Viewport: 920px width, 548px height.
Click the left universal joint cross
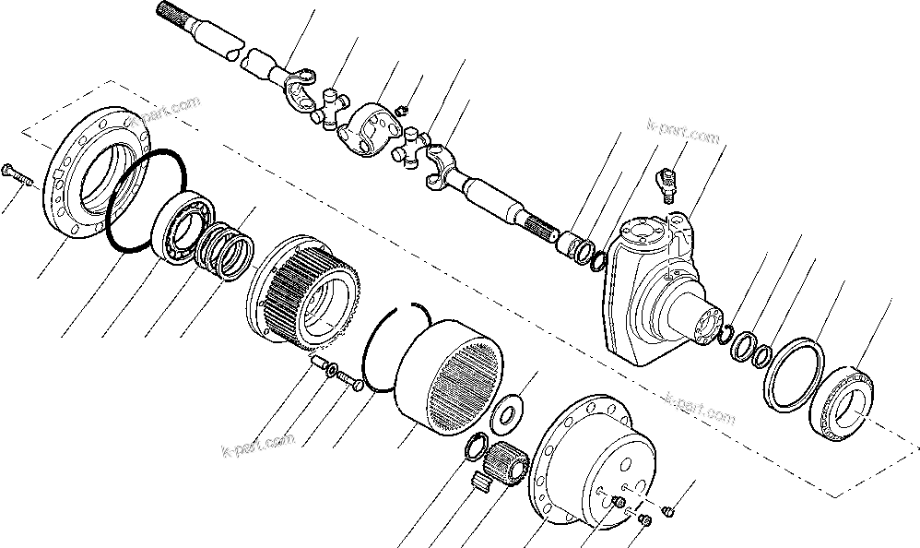(329, 109)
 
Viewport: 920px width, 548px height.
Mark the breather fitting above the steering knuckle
(668, 182)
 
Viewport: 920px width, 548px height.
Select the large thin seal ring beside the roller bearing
(792, 374)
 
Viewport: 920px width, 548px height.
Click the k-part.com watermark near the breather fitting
(682, 134)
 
